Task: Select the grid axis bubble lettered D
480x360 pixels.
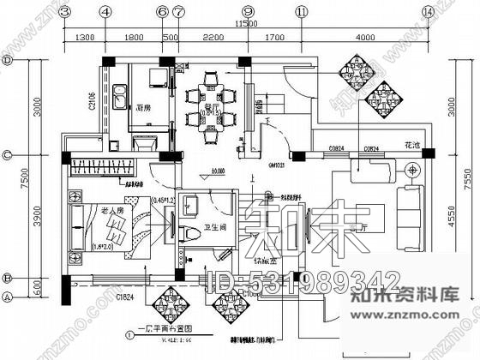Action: pos(6,61)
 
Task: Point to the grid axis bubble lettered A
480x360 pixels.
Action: pos(6,297)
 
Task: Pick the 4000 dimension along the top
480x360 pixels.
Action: pos(365,37)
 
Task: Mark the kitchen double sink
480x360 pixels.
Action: pos(119,93)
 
